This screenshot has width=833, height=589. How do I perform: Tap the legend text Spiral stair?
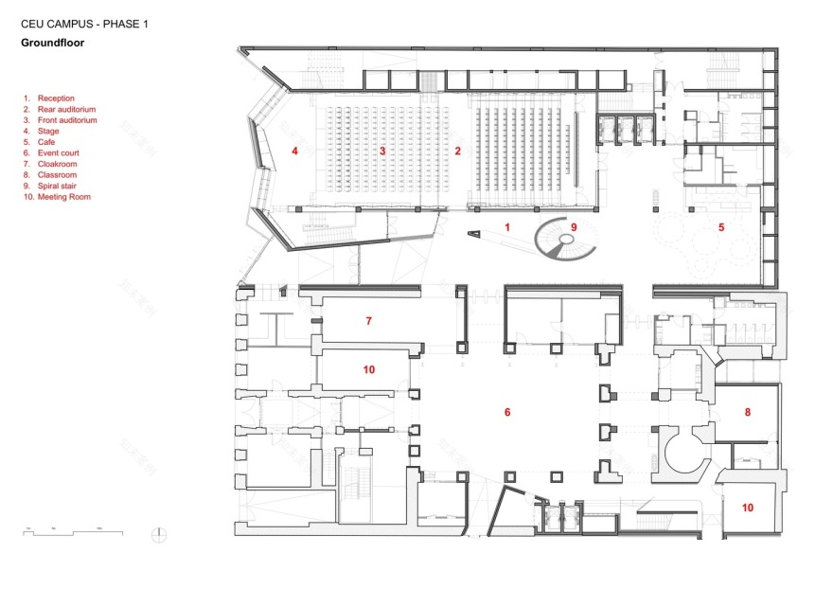(58, 186)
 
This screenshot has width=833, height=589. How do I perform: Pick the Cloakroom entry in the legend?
(57, 164)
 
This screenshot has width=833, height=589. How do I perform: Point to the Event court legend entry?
(59, 153)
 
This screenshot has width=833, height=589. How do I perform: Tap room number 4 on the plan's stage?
(294, 151)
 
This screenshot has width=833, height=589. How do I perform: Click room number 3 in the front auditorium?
(382, 151)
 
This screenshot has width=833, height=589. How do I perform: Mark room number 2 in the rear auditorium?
(457, 151)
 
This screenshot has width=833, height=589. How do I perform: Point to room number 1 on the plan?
(506, 227)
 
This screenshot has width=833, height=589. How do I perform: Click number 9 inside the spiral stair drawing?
(573, 227)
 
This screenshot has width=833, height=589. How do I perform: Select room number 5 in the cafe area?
(720, 227)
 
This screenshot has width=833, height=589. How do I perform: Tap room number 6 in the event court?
(507, 412)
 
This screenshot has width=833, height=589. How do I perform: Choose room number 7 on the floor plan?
(368, 321)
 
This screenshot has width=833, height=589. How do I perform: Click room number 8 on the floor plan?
(747, 412)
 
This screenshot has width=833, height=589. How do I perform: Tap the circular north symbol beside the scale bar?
(158, 535)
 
